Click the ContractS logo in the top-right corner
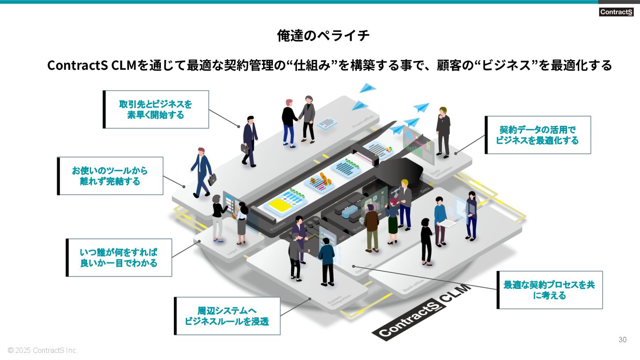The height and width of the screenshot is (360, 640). (x=616, y=12)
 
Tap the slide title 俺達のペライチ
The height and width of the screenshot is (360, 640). (x=323, y=36)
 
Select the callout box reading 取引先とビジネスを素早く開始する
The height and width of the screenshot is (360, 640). (x=156, y=109)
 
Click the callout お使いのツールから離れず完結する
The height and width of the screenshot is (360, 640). (x=110, y=176)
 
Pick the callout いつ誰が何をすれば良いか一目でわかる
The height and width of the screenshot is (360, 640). (x=119, y=257)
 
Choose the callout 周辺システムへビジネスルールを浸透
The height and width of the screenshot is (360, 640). (x=227, y=316)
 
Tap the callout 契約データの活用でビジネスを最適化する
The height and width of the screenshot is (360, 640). (x=538, y=135)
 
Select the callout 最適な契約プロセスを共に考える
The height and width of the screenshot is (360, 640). (x=549, y=290)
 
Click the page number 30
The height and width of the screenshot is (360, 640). (x=622, y=340)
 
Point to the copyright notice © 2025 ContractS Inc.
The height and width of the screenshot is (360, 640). (x=43, y=350)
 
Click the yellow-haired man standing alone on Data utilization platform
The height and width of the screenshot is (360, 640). (x=443, y=132)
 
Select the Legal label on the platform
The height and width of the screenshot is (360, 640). (x=232, y=252)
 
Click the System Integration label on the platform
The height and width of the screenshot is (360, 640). (x=339, y=302)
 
